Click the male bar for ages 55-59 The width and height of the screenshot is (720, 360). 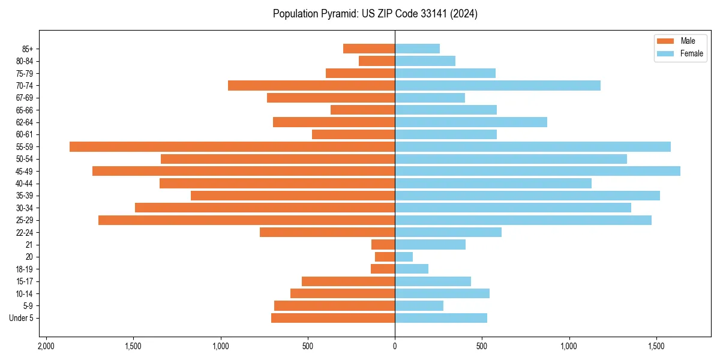[x=232, y=146]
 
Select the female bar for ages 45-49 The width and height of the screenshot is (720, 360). [x=538, y=171]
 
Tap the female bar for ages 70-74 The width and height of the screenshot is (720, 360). [x=497, y=85]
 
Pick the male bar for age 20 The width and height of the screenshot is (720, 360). [x=385, y=257]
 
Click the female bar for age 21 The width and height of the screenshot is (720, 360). [x=430, y=244]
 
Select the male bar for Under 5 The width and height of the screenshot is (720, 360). [x=333, y=318]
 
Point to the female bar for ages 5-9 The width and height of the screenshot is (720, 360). [x=419, y=305]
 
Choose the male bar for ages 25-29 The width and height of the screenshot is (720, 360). [x=247, y=220]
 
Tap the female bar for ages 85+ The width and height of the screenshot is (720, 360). [x=417, y=49]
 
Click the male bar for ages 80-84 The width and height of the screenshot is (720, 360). [x=377, y=61]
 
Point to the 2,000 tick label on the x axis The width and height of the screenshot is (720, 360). [x=46, y=346]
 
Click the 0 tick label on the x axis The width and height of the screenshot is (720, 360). [x=395, y=346]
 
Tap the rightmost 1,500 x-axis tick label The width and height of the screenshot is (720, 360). [x=656, y=346]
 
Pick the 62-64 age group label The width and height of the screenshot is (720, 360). [x=25, y=122]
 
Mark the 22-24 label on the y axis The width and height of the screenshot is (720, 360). [x=25, y=232]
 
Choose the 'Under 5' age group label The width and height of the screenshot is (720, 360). [x=22, y=318]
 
